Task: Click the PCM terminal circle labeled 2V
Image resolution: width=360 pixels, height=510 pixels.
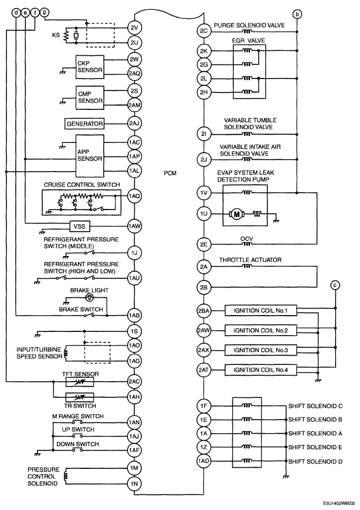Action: (134, 28)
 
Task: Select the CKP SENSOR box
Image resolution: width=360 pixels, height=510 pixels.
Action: (90, 67)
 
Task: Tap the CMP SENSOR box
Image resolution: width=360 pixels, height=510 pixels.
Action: (90, 97)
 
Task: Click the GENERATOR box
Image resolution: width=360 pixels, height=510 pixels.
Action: (84, 123)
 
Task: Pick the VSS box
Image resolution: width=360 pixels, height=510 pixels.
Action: (80, 226)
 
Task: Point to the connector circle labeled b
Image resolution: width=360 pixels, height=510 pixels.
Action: (297, 14)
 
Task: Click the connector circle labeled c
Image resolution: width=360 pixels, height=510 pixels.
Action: (335, 285)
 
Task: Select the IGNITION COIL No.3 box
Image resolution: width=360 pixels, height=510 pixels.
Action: (260, 350)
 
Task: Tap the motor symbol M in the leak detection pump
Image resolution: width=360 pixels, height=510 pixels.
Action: (237, 214)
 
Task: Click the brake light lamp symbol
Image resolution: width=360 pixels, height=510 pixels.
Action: (89, 297)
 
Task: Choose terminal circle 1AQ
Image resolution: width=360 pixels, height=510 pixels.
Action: (134, 196)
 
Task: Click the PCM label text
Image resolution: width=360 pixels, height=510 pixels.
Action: (170, 173)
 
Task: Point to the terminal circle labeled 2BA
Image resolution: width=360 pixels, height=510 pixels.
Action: (204, 311)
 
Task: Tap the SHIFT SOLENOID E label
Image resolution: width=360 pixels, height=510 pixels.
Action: (315, 447)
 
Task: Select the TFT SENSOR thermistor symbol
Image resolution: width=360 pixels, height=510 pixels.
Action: (80, 382)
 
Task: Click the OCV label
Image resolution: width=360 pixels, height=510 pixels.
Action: (246, 239)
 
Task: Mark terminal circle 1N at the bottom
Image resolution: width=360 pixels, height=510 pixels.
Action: (134, 483)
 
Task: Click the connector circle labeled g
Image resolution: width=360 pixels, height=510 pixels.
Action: (44, 12)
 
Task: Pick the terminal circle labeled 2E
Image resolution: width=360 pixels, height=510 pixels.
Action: (204, 244)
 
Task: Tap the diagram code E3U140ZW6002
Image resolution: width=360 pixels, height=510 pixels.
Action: (339, 502)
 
